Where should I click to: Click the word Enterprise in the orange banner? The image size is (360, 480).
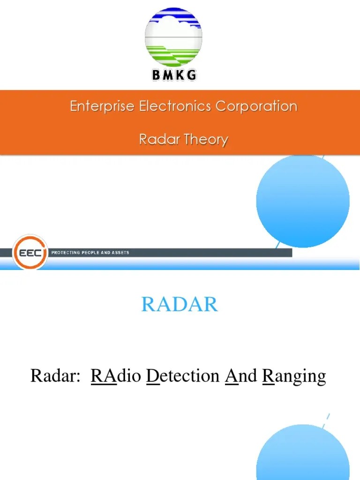click(x=103, y=106)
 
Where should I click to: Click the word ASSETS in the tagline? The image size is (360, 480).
click(x=120, y=253)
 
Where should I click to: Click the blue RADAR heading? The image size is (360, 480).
click(x=180, y=305)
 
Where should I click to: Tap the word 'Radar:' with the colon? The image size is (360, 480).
click(x=53, y=375)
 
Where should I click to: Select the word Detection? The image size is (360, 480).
click(x=183, y=375)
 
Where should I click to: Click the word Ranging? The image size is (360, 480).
click(x=294, y=376)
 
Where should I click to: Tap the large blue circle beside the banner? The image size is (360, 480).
click(x=303, y=201)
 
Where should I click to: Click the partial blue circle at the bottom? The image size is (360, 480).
click(x=303, y=455)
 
